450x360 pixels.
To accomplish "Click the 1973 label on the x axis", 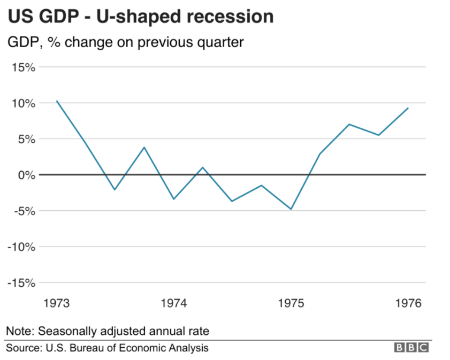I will click(56, 303).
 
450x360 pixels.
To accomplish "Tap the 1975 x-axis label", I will click(291, 303).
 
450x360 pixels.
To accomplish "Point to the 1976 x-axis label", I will click(408, 303).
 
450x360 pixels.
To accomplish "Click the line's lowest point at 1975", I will click(291, 209).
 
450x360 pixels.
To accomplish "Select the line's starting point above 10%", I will click(57, 101).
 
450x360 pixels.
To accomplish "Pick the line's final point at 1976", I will click(408, 108).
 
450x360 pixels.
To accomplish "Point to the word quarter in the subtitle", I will click(221, 42).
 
